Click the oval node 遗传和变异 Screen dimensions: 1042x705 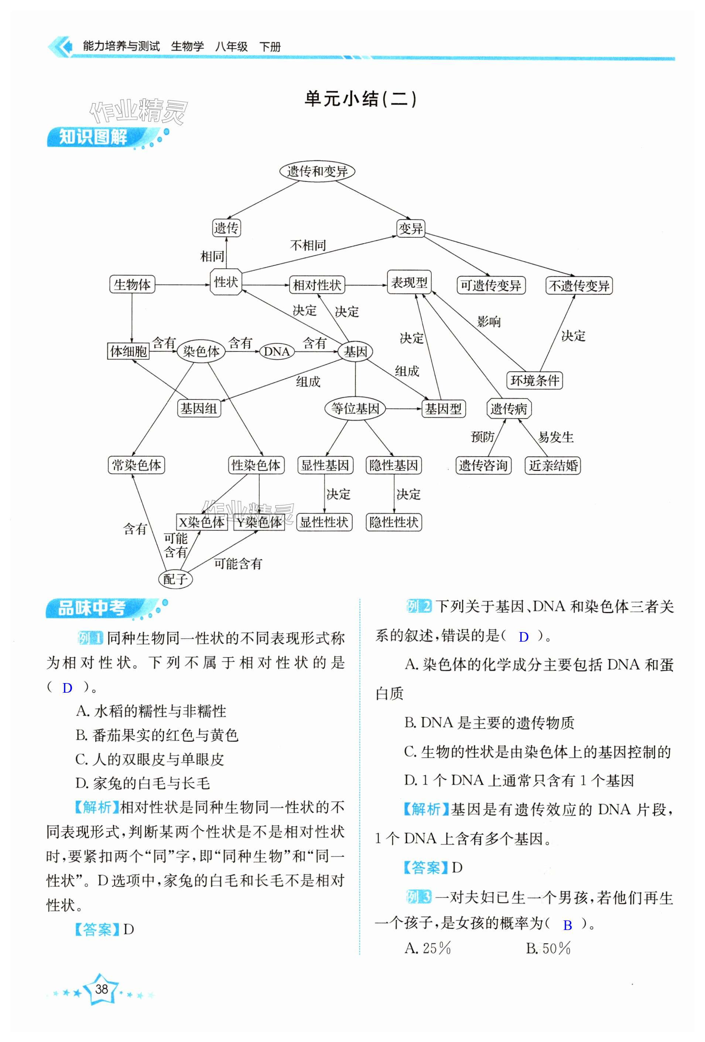[316, 171]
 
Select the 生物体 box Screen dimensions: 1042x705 [132, 285]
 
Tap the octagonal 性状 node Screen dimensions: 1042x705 [226, 282]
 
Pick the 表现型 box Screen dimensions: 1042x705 [409, 282]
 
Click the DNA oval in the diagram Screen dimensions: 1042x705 [277, 352]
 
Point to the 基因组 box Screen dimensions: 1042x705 [199, 408]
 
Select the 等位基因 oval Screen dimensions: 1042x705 [355, 408]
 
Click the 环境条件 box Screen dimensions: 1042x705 [534, 381]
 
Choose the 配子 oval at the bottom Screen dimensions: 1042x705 [175, 579]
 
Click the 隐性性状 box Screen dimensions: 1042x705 [394, 522]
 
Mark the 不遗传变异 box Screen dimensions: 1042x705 [579, 286]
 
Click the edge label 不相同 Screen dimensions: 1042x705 [308, 245]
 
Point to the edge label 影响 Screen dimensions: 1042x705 [489, 322]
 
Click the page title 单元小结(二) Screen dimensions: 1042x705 [360, 99]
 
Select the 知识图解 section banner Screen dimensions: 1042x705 [94, 137]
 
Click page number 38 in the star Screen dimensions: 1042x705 [102, 989]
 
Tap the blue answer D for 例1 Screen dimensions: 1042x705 [68, 688]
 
